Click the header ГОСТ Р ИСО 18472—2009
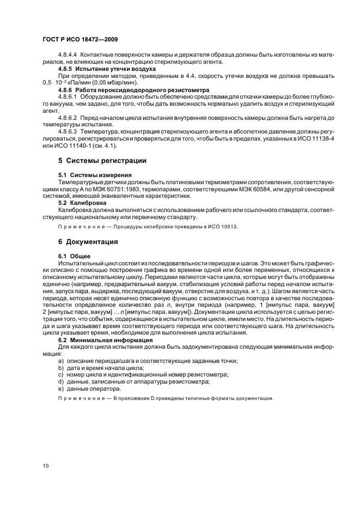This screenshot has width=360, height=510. pos(77,40)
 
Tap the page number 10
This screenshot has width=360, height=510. pos(46,465)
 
